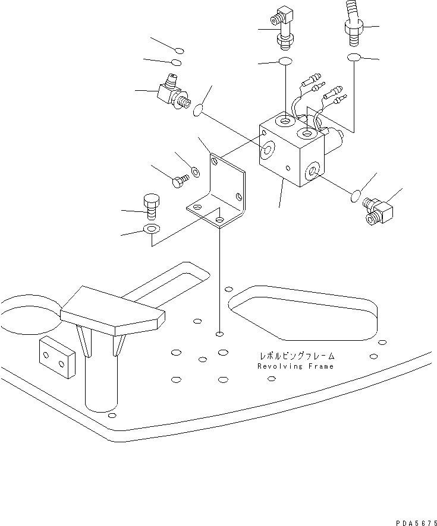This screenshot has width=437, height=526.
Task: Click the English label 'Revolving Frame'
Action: [295, 366]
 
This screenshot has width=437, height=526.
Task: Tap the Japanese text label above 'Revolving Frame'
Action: [296, 356]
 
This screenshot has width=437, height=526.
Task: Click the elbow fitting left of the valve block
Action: [171, 94]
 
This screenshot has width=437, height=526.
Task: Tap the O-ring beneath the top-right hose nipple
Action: [353, 57]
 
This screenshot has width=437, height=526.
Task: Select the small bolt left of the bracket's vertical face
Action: [178, 182]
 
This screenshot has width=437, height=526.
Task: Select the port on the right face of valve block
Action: [312, 173]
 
